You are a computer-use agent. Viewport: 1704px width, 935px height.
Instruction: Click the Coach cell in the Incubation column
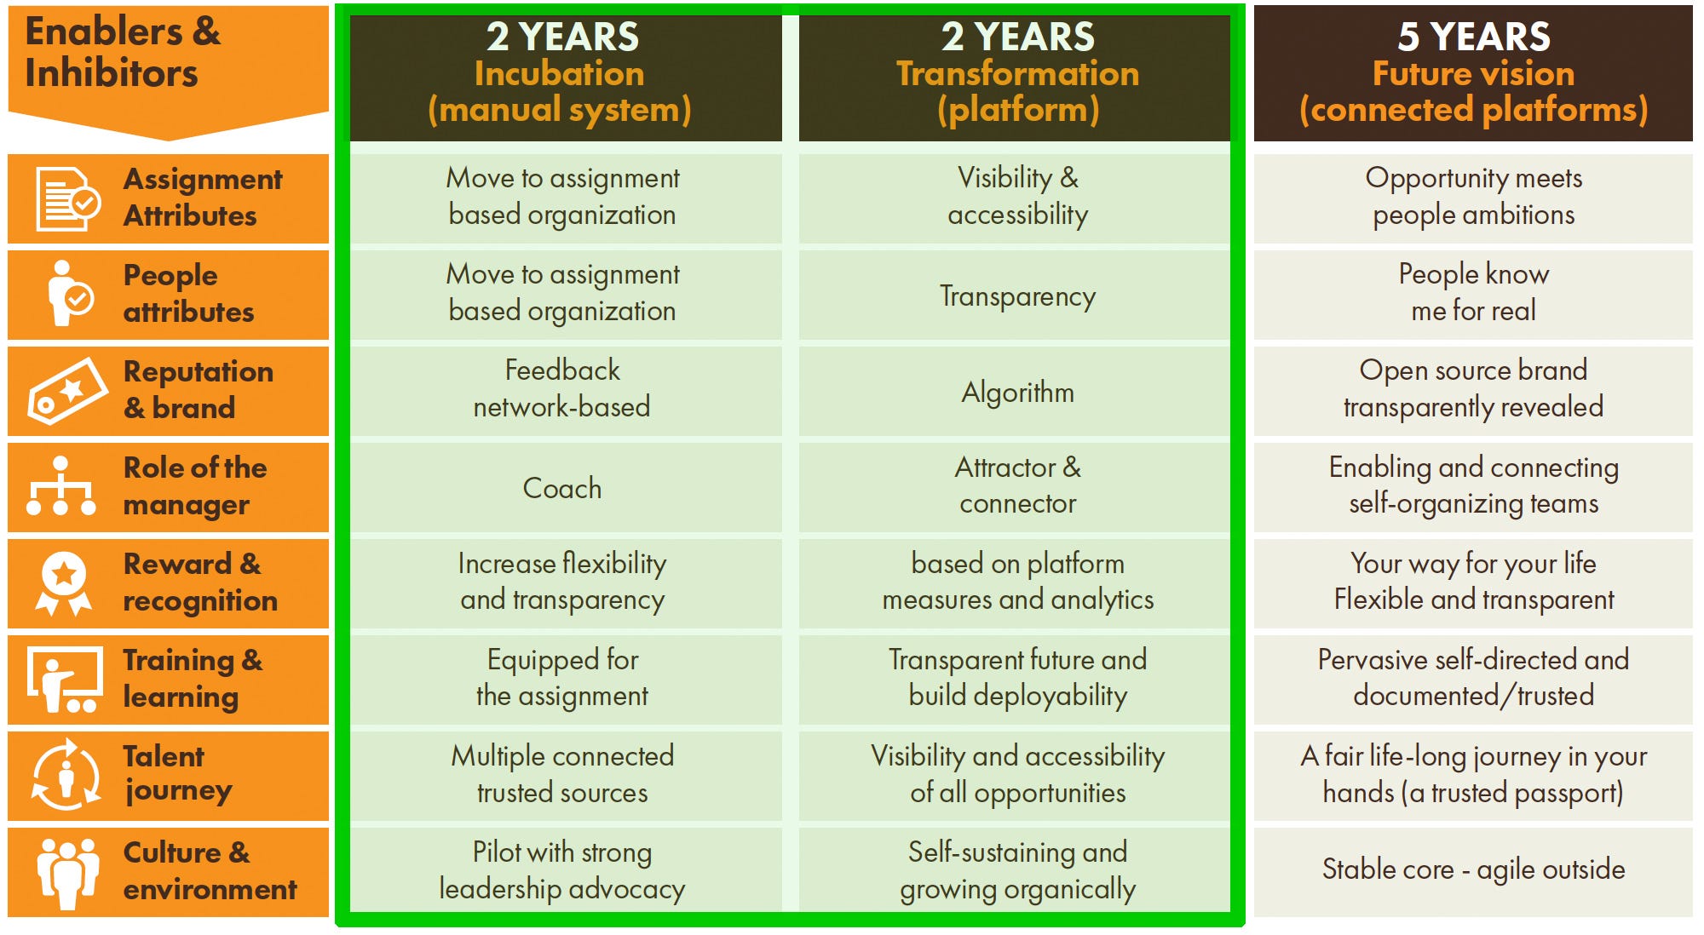click(x=562, y=488)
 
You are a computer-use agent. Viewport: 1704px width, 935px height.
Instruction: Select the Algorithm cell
click(x=1017, y=392)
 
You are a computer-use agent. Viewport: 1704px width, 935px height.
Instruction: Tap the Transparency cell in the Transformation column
click(x=1017, y=295)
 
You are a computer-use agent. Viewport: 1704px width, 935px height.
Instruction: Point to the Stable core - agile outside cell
click(x=1473, y=869)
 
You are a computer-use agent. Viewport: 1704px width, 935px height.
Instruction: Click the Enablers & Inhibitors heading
click(x=123, y=52)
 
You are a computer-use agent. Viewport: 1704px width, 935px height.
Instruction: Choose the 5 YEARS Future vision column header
click(x=1473, y=73)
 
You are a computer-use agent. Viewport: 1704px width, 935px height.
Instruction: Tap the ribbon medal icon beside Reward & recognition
click(x=64, y=583)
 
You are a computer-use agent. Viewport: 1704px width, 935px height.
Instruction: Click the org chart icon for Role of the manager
click(x=60, y=486)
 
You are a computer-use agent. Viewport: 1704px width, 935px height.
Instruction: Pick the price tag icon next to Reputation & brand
click(x=67, y=391)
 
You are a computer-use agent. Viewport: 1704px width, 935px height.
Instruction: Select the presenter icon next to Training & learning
click(x=65, y=680)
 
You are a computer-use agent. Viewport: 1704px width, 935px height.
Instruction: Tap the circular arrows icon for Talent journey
click(x=66, y=775)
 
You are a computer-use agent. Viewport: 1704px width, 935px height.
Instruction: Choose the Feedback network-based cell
click(x=562, y=388)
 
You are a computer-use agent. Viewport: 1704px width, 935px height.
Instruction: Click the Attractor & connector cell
click(x=1017, y=485)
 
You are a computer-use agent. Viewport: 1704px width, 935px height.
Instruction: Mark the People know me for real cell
click(x=1473, y=292)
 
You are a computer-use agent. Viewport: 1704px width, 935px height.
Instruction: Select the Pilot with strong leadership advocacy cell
click(x=562, y=870)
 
